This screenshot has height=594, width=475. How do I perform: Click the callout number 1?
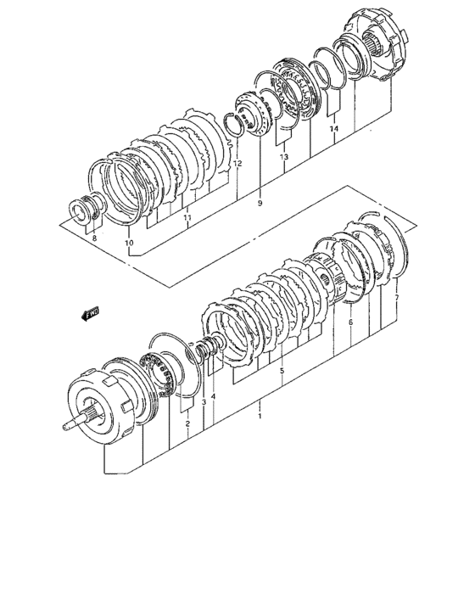(x=260, y=416)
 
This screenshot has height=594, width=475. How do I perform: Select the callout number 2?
(x=187, y=423)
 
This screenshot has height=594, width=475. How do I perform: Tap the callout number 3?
(x=204, y=402)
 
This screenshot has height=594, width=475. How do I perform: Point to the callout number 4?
(x=213, y=396)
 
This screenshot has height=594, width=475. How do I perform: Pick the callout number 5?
(x=282, y=371)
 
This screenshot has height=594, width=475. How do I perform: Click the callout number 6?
(x=350, y=322)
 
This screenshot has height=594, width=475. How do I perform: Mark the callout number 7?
(x=397, y=298)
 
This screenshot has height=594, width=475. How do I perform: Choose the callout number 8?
(x=94, y=238)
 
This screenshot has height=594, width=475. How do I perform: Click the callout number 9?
(x=260, y=204)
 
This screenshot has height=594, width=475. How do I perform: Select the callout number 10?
(x=129, y=243)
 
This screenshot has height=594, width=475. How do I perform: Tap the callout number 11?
(x=187, y=217)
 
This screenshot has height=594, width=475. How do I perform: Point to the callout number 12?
(x=237, y=164)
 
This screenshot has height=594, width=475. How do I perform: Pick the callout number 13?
(x=284, y=156)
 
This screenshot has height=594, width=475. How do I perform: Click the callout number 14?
(x=333, y=129)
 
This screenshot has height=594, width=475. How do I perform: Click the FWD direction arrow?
(x=91, y=314)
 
